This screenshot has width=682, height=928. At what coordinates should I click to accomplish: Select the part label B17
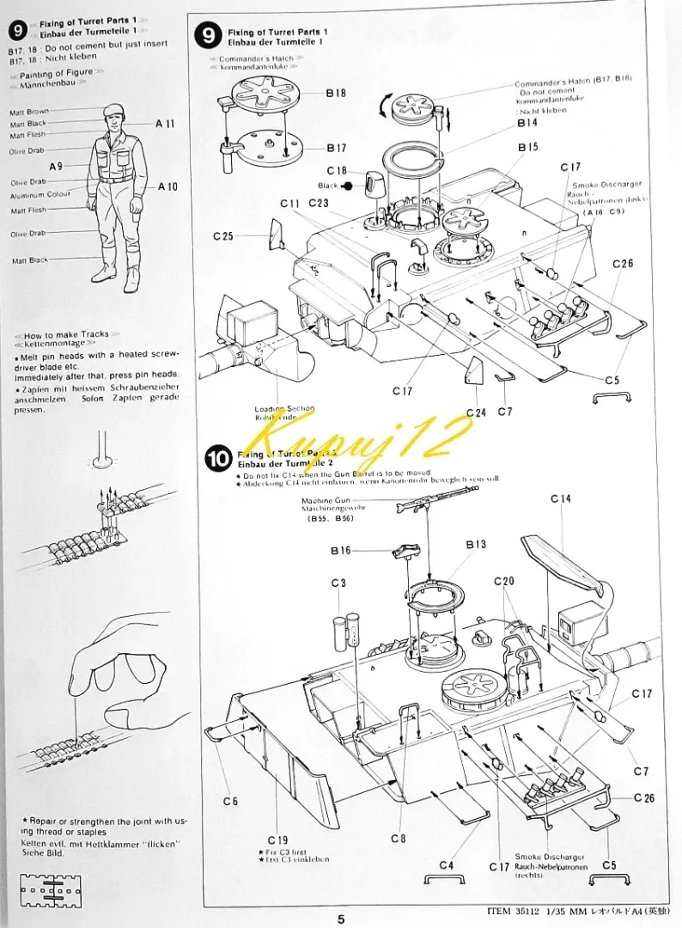(336, 147)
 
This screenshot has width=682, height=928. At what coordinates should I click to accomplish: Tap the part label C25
(224, 235)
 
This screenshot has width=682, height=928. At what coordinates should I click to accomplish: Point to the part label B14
(527, 123)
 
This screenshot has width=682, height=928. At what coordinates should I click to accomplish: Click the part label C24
(476, 412)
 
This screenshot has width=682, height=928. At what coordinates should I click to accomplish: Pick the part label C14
(561, 499)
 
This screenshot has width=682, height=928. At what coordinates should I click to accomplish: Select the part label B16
(341, 551)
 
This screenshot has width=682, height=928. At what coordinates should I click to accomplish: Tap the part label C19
(277, 839)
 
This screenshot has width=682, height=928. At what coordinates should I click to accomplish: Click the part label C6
(229, 801)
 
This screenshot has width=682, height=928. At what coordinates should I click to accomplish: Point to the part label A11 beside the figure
(166, 124)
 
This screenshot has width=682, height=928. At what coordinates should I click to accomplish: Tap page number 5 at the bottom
(341, 919)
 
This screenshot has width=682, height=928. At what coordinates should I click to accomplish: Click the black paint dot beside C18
(348, 185)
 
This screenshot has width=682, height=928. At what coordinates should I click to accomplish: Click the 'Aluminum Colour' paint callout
(40, 194)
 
